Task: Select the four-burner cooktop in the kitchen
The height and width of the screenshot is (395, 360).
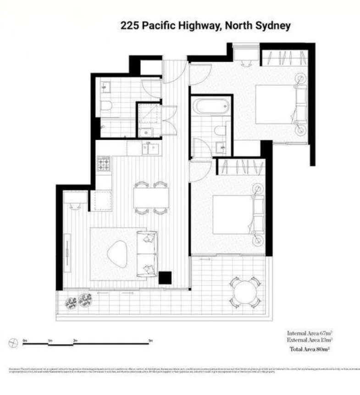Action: click(104, 164)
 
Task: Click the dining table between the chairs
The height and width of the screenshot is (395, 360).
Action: click(151, 198)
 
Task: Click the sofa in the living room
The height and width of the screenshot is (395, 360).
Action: click(148, 253)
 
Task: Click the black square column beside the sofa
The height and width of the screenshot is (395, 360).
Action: click(165, 278)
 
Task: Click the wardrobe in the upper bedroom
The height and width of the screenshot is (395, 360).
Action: click(284, 57)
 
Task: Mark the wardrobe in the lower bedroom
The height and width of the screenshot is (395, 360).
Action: click(240, 166)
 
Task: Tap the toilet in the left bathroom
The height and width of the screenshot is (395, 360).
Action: click(106, 106)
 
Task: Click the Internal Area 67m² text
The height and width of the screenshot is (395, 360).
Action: click(310, 333)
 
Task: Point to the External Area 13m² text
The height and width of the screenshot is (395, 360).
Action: click(310, 340)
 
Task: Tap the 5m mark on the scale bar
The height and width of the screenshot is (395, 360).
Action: click(150, 340)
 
